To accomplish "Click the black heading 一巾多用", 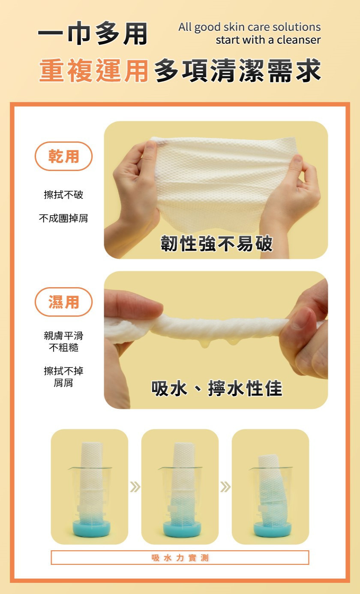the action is [93, 33].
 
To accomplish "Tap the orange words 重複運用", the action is [93, 70].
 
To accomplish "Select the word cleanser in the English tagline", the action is [299, 40].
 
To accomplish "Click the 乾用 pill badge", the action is [63, 156].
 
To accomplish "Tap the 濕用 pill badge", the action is [63, 302].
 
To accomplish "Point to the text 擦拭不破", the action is [63, 195].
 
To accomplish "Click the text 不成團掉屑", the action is [63, 218].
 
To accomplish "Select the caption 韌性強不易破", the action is [216, 243].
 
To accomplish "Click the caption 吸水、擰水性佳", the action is [217, 388].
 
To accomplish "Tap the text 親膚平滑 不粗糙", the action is [63, 342].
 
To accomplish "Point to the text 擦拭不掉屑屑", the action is [63, 377].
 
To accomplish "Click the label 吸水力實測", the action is [180, 558].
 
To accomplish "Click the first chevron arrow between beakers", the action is [135, 486].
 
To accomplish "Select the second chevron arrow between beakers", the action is [225, 486].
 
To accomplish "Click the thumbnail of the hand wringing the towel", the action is [216, 340].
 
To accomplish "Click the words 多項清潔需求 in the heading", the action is [237, 70].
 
